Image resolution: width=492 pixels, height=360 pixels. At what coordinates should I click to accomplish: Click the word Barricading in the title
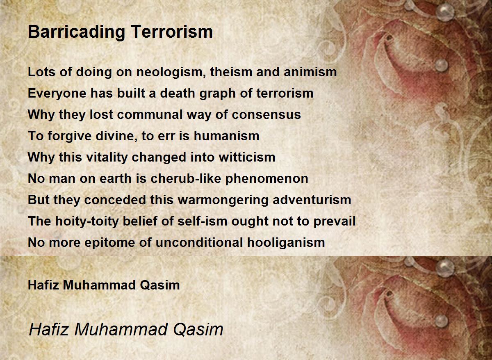76,32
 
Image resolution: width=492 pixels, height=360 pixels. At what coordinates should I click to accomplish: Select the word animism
310,72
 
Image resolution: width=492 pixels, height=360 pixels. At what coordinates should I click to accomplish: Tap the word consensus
266,115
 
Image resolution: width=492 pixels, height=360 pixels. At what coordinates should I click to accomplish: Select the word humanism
226,136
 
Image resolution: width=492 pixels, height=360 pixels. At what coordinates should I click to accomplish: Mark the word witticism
247,157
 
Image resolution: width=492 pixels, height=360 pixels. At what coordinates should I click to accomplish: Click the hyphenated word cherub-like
186,178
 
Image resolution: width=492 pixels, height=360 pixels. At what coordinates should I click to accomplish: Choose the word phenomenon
266,179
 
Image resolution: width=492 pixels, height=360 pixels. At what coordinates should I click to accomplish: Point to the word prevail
335,221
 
